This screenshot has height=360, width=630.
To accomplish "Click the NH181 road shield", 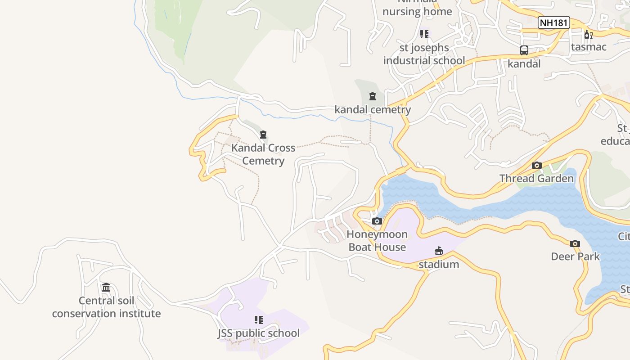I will (554, 22).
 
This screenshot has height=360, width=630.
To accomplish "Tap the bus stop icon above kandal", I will (524, 50).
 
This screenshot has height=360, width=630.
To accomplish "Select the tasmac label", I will (589, 47).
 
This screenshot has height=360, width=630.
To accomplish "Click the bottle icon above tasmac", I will (588, 34).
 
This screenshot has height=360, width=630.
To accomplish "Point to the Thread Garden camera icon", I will (536, 166).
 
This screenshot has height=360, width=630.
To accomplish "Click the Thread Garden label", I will (536, 179).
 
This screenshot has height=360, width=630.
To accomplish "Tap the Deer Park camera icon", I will (575, 244).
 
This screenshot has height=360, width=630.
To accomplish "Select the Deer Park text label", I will (575, 256).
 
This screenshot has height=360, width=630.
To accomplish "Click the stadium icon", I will (439, 251).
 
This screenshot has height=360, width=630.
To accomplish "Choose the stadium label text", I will (439, 264).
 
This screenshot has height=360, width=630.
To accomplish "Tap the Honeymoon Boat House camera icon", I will (377, 221).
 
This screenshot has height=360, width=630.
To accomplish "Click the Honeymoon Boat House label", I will (377, 241).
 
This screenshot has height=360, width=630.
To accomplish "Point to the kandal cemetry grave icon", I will (373, 96).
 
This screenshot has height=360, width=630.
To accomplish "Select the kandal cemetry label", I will (373, 110).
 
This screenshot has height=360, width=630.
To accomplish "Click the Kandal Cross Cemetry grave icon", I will (263, 135).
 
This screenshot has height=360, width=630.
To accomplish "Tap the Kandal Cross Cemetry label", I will (263, 154).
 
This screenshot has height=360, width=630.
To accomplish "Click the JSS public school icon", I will (258, 320).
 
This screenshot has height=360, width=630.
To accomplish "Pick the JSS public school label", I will (258, 333).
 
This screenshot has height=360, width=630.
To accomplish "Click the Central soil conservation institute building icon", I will (106, 288).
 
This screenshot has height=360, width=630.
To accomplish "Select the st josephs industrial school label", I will (424, 54).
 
